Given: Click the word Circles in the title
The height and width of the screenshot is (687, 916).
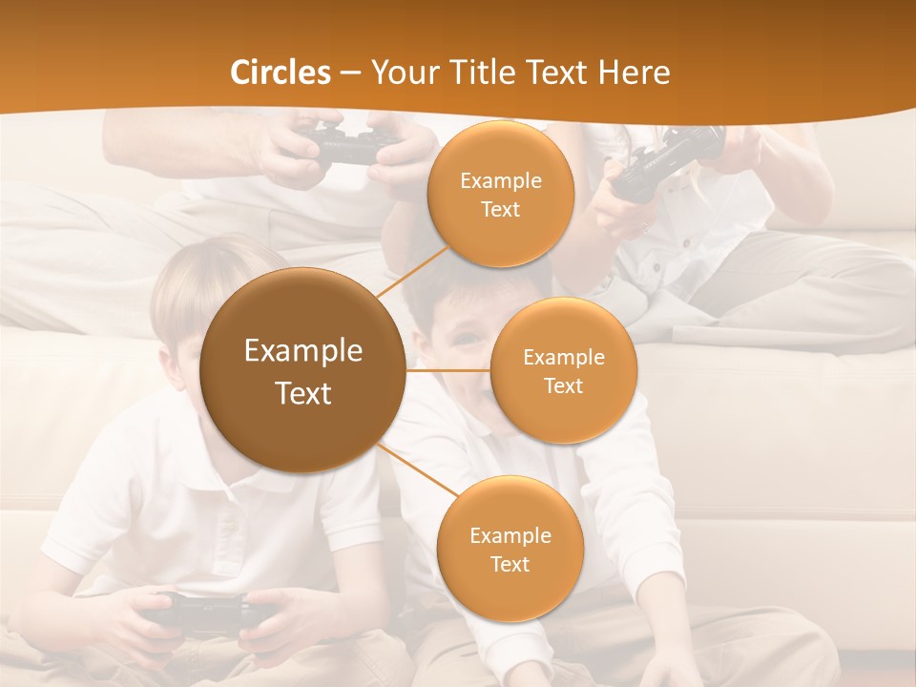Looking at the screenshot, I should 280,73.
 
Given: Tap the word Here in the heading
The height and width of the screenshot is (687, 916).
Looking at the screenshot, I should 634,73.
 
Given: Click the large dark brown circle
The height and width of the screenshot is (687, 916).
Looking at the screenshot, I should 302,370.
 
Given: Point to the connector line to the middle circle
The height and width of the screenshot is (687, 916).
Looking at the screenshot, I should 448,370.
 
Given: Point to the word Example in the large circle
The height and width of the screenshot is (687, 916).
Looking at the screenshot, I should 302,351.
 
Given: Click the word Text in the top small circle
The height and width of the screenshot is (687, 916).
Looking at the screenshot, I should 500,209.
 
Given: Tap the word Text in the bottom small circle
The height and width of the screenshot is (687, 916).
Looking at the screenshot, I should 510,564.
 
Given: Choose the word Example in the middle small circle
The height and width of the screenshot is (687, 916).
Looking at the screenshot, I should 563,358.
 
